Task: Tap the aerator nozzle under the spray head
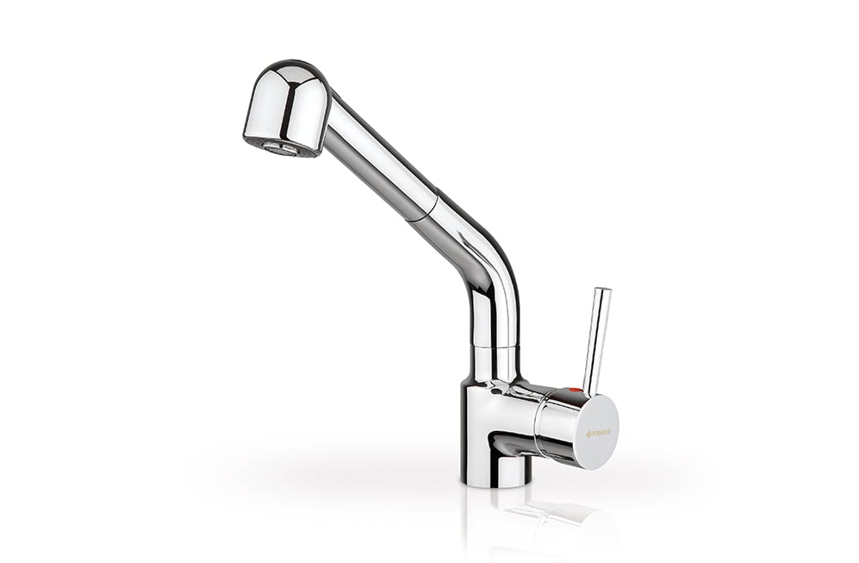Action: pyautogui.click(x=280, y=148)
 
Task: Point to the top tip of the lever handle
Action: pyautogui.click(x=602, y=291)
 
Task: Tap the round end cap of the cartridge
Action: pyautogui.click(x=597, y=432)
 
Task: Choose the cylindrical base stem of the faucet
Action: pyautogui.click(x=495, y=470)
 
